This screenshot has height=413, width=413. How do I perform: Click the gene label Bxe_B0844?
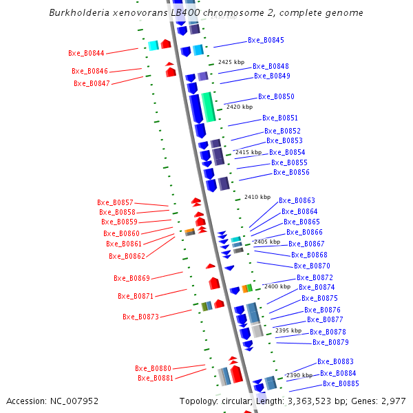point(86,53)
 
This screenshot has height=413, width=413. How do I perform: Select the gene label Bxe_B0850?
point(276,97)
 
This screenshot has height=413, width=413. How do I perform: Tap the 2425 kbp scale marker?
point(231,62)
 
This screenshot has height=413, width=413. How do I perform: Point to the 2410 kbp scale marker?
point(257,197)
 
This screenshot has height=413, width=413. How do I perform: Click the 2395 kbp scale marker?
point(288,330)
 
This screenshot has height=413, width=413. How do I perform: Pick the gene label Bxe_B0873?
point(140,317)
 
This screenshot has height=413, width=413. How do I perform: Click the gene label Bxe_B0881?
point(156,378)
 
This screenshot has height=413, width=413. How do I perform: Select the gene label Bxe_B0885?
point(341,383)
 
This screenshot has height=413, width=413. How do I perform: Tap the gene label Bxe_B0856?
point(291,172)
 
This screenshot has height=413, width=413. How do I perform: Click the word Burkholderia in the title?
point(78,13)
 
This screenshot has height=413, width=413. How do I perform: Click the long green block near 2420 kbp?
point(208,107)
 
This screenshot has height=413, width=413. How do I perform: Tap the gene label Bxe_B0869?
point(131,278)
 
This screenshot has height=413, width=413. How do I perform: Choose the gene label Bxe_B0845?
point(266,41)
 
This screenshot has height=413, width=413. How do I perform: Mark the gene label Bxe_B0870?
point(312,266)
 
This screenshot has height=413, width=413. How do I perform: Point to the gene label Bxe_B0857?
point(115,202)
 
